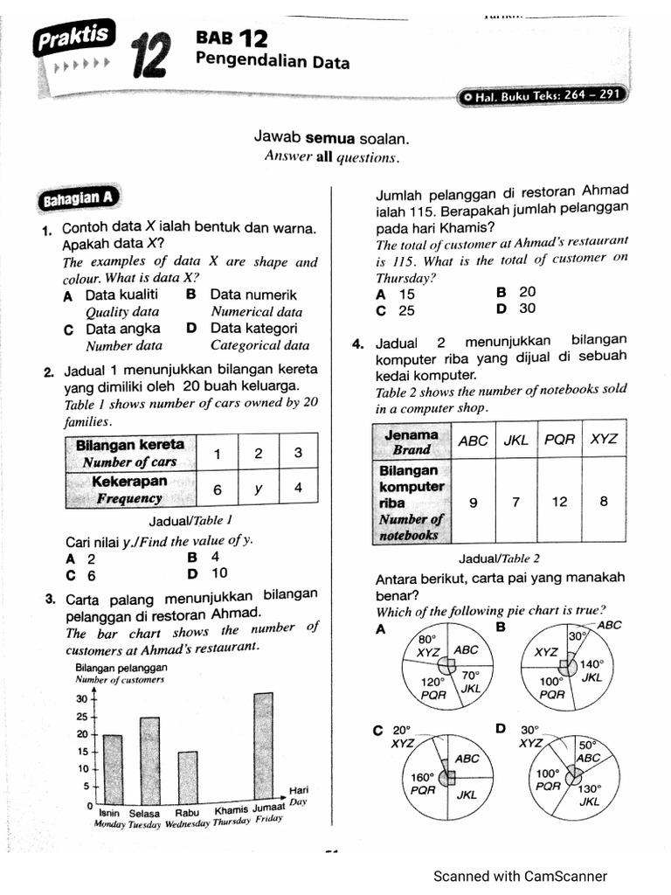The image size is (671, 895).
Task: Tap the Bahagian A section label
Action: click(x=78, y=199)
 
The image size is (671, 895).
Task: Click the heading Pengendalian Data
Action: click(x=273, y=62)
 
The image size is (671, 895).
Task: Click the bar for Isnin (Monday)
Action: click(x=113, y=769)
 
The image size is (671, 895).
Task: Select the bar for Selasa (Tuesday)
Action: click(x=149, y=760)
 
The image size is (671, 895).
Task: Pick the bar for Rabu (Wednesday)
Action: click(x=188, y=778)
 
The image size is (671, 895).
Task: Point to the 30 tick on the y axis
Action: click(x=82, y=699)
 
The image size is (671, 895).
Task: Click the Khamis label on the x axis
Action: click(x=232, y=808)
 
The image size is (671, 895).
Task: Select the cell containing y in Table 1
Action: click(x=258, y=489)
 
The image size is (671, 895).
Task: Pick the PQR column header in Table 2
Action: click(x=559, y=441)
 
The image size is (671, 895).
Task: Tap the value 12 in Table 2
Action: click(x=559, y=502)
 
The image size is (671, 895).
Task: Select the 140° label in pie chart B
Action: click(x=592, y=663)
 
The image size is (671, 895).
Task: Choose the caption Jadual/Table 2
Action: click(x=499, y=559)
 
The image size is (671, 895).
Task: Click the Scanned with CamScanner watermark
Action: click(x=520, y=876)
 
